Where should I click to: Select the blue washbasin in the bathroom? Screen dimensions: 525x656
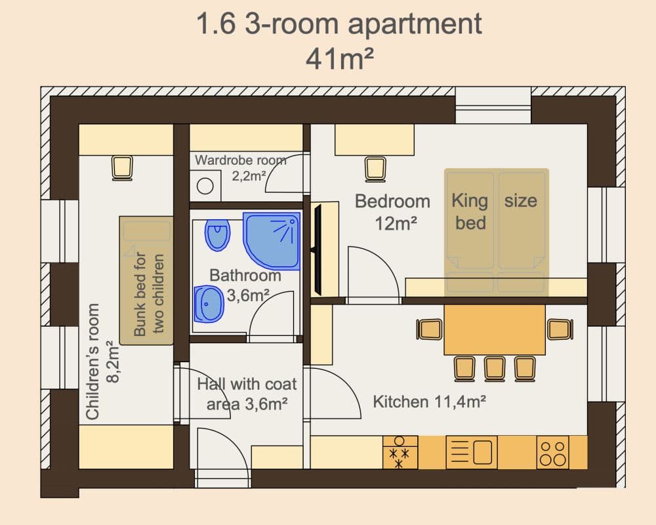point(209,304)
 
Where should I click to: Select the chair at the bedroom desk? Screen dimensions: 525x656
point(375,169)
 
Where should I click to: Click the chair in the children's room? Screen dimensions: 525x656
point(122,167)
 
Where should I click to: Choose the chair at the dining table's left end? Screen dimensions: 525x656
point(430,329)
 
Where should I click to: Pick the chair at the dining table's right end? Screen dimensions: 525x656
point(560,329)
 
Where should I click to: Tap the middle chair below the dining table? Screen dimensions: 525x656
point(495,368)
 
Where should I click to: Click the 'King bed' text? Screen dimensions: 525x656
point(470,211)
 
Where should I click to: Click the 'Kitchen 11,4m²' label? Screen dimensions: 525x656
point(429,402)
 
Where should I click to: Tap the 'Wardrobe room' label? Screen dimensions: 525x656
point(241,159)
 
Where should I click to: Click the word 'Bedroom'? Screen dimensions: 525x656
point(392,201)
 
